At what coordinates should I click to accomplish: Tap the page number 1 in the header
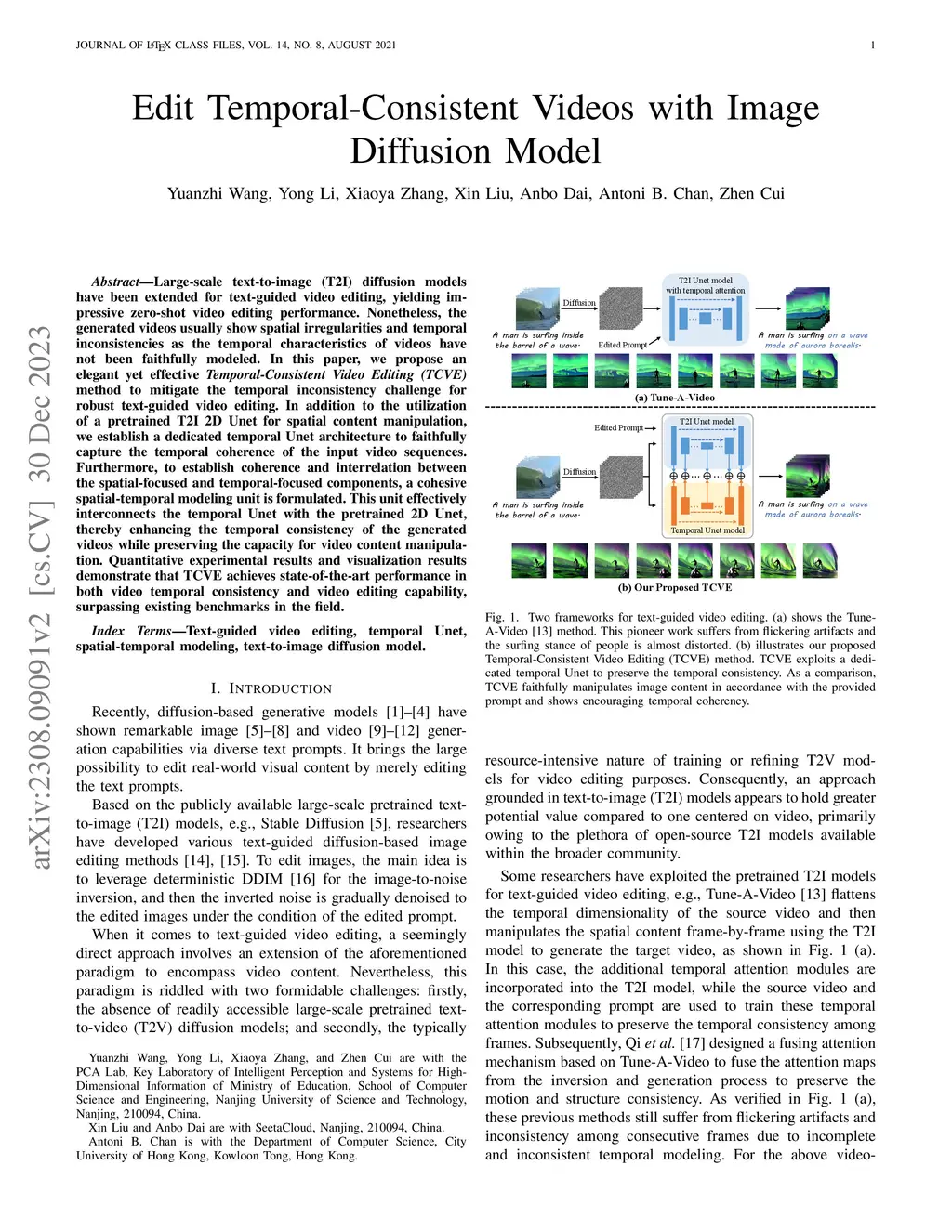pyautogui.click(x=872, y=45)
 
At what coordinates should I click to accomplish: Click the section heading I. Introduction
pyautogui.click(x=271, y=688)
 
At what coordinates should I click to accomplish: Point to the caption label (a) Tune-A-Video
pyautogui.click(x=674, y=398)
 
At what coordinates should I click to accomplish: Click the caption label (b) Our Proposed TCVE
pyautogui.click(x=675, y=587)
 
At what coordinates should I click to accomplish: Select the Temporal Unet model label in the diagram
pyautogui.click(x=707, y=530)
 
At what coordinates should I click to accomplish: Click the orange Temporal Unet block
pyautogui.click(x=707, y=505)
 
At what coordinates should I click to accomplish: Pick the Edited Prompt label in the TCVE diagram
pyautogui.click(x=618, y=427)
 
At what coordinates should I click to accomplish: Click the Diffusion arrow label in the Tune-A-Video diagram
pyautogui.click(x=579, y=303)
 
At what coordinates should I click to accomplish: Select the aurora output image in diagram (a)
pyautogui.click(x=807, y=308)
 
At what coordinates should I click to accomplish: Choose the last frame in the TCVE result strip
pyautogui.click(x=819, y=561)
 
